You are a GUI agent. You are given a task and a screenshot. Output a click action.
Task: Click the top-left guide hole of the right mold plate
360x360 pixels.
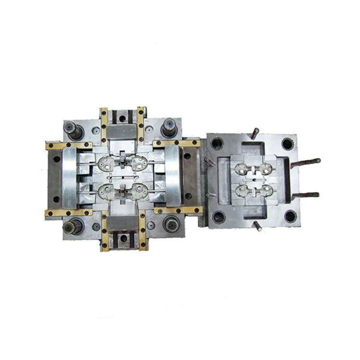click(217, 143)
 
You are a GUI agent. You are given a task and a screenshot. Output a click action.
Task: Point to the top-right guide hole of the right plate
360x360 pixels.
click(287, 144)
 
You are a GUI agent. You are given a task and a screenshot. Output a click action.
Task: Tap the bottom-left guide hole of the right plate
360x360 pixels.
click(218, 217)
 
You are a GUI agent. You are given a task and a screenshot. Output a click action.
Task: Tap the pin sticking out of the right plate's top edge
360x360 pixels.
click(254, 132)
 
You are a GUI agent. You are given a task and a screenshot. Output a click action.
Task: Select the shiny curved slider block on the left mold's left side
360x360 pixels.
click(68, 177)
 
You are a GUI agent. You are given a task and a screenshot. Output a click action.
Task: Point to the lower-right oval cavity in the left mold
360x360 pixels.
click(140, 192)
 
